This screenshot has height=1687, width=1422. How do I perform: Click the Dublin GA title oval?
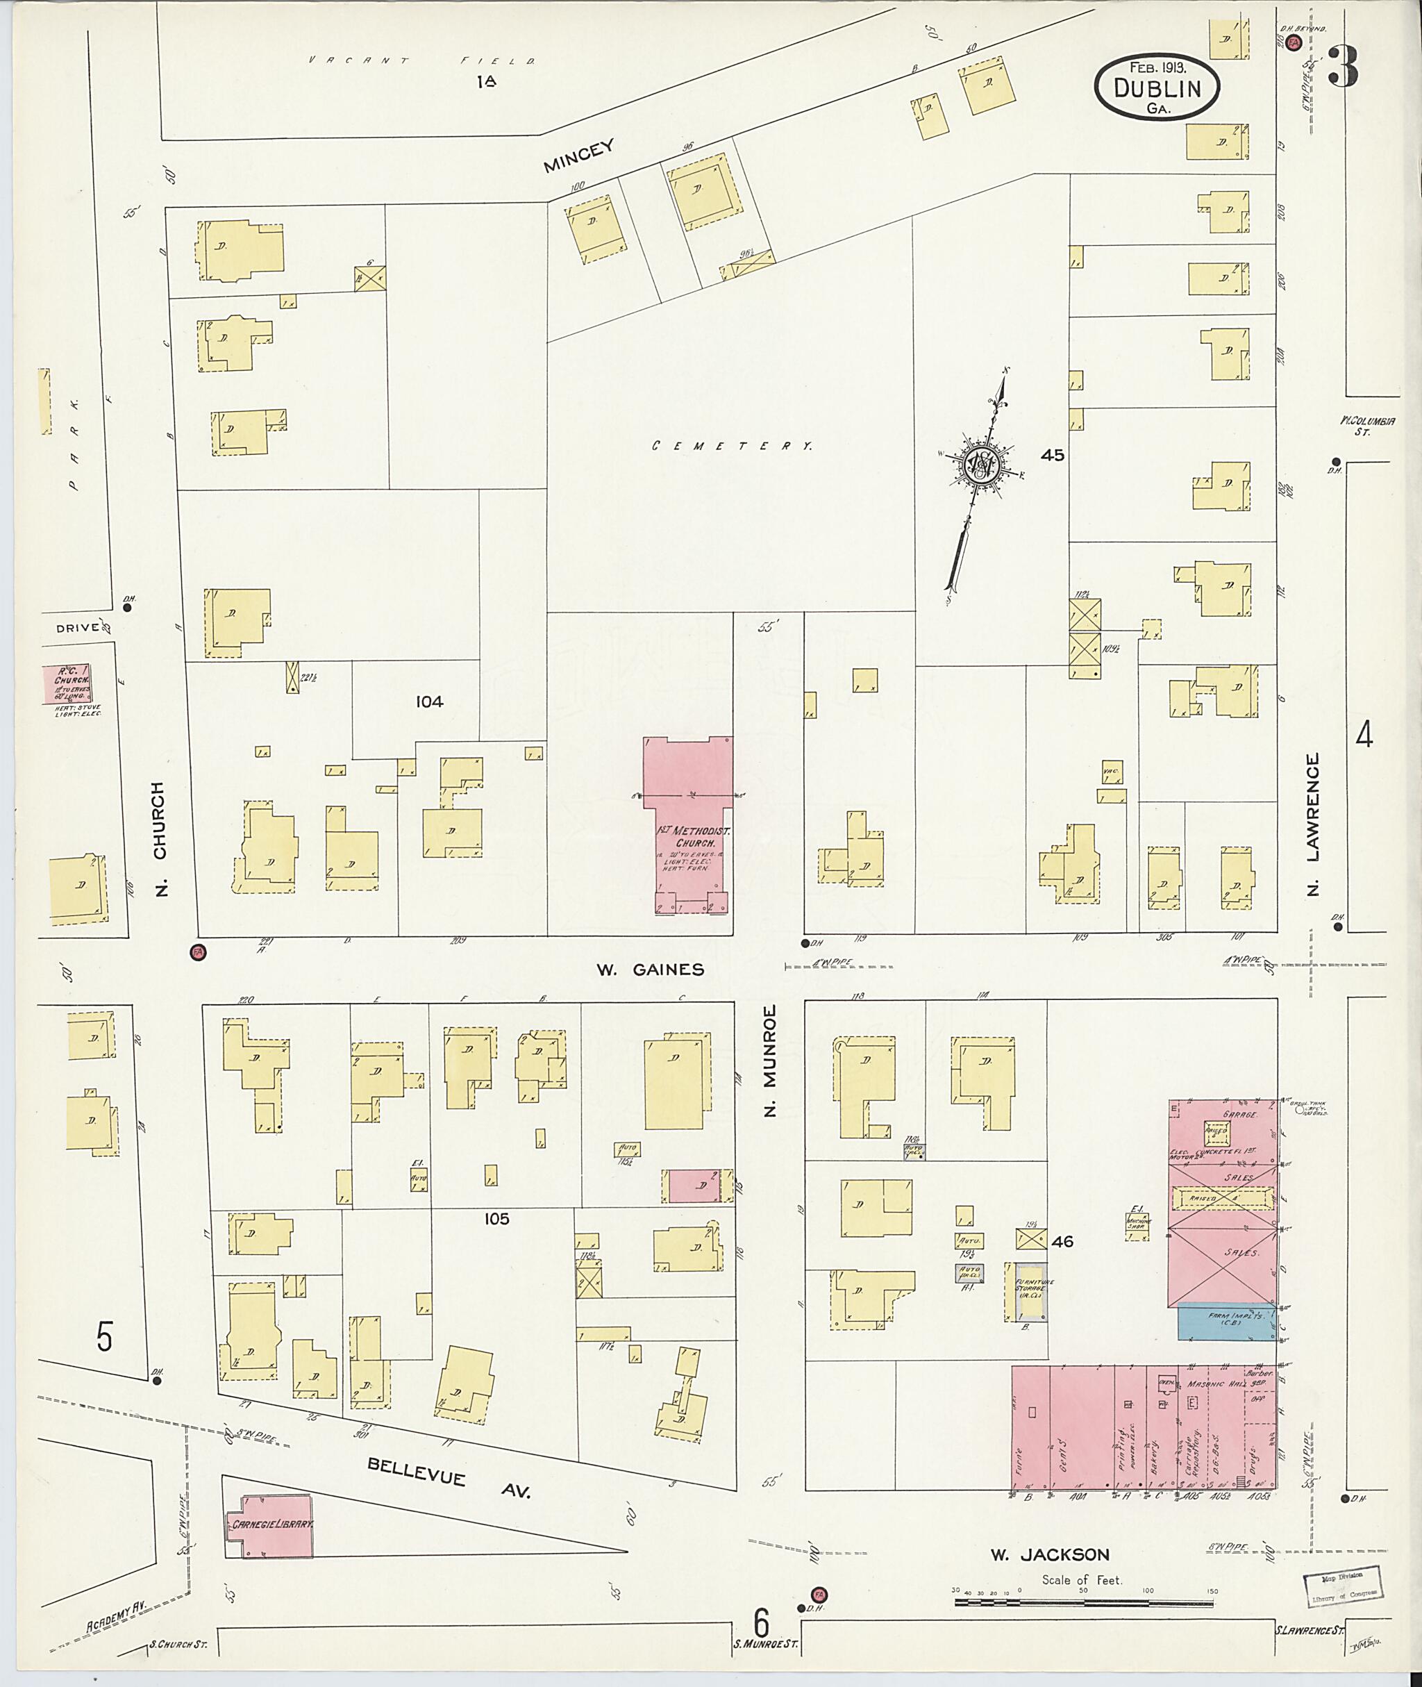[1157, 87]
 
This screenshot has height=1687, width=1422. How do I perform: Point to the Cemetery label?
[731, 445]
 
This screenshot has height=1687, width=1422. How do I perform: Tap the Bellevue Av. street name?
[449, 1477]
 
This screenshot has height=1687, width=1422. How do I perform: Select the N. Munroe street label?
[771, 1060]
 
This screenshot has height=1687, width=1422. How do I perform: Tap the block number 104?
[429, 701]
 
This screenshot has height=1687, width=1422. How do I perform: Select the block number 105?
[496, 1218]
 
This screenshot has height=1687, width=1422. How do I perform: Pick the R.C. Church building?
[68, 684]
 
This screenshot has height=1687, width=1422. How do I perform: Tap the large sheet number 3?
[1344, 67]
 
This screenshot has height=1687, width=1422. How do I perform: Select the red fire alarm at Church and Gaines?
[196, 952]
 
